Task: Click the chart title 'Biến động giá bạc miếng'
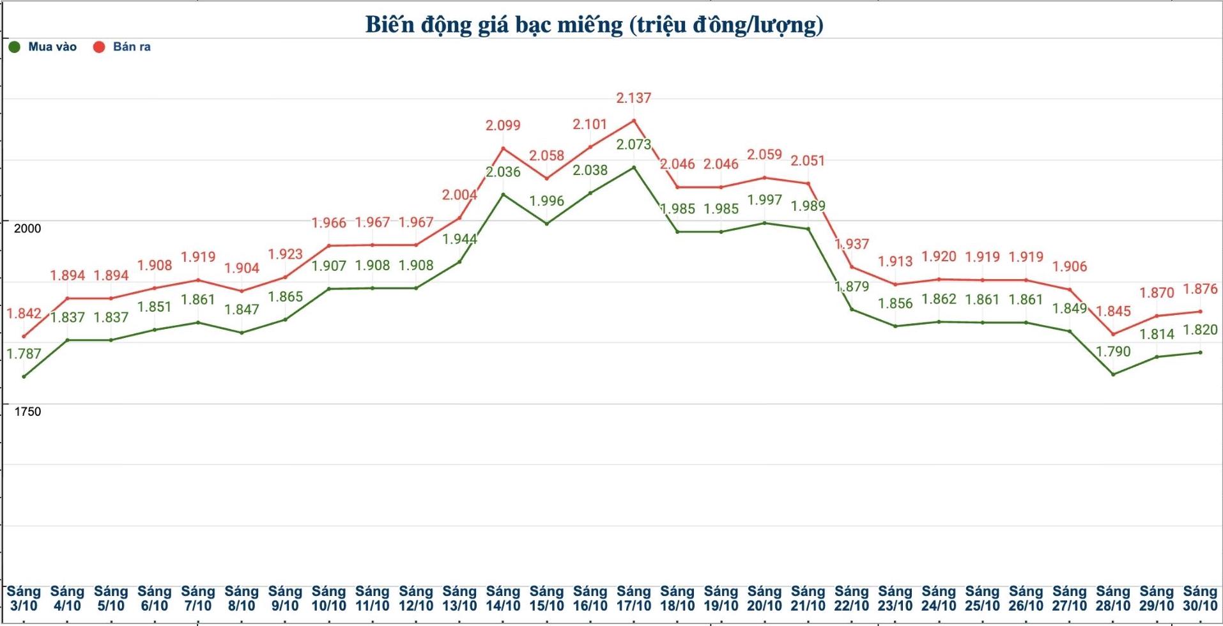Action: point(594,25)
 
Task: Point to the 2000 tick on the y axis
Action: point(27,229)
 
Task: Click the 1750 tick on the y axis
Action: point(27,412)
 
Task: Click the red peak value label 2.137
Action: point(633,98)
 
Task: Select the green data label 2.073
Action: point(633,145)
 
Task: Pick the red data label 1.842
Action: point(24,314)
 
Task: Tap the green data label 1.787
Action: point(24,354)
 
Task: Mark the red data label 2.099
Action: point(503,126)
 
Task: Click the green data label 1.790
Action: point(1113,352)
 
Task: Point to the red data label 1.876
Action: point(1200,289)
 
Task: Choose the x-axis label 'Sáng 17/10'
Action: point(633,599)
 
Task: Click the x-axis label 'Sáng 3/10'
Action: point(24,599)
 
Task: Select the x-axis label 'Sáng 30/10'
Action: point(1200,599)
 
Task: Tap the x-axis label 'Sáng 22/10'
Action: point(851,599)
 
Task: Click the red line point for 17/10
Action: point(633,121)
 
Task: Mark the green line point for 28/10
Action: point(1113,374)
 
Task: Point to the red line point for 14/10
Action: point(503,149)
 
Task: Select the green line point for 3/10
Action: point(24,377)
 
